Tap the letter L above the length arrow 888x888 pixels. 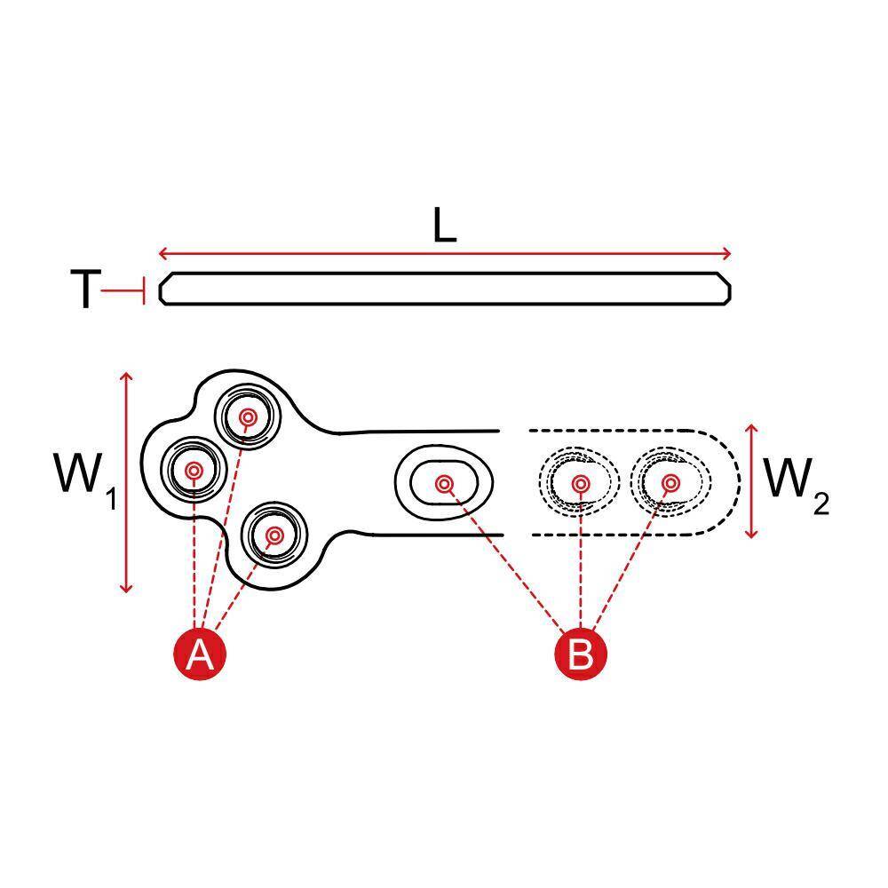tap(444, 226)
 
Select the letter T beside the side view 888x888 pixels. tap(85, 289)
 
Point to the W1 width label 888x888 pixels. tap(85, 480)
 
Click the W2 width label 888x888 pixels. tap(797, 486)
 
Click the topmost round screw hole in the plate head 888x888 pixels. tap(248, 417)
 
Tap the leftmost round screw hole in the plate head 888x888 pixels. tap(194, 470)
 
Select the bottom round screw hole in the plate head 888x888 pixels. tap(274, 535)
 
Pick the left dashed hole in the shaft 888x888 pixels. tap(579, 483)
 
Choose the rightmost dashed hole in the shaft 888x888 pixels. tap(671, 483)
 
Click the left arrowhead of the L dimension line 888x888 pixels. tap(163, 253)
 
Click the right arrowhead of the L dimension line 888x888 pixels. tap(726, 253)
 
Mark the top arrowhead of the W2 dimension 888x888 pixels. tap(751, 429)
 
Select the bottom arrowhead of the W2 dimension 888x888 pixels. tap(751, 533)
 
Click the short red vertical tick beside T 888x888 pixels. tap(145, 291)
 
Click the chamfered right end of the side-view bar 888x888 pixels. tap(725, 289)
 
